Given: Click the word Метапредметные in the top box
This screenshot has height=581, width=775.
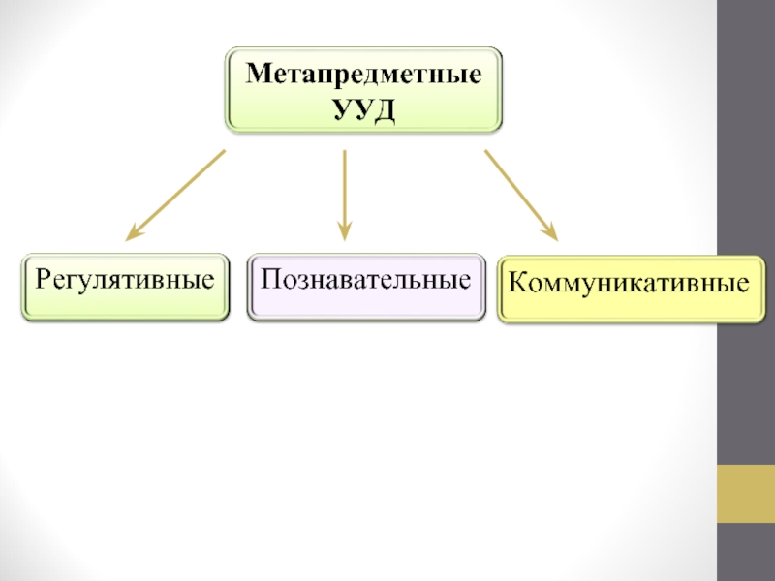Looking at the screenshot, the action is (364, 75).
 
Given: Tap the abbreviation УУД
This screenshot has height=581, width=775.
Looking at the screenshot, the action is (364, 108).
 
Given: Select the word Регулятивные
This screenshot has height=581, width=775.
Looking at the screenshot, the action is (125, 282).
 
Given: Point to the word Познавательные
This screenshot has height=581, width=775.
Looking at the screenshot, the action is (366, 282).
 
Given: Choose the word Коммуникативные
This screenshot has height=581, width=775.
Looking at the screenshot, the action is (630, 285).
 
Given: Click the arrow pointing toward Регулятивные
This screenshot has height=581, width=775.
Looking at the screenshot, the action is (176, 194).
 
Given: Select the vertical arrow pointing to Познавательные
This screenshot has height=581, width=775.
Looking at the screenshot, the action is (344, 194).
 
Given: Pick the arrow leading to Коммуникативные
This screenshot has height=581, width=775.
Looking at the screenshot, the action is (521, 194).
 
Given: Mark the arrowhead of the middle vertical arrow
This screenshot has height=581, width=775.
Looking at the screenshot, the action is (344, 232).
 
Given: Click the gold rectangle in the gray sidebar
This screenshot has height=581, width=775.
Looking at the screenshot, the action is (745, 494).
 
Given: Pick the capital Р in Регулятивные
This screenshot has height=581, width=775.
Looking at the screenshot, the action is (44, 282).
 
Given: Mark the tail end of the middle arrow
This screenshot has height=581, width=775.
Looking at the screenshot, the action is (344, 153).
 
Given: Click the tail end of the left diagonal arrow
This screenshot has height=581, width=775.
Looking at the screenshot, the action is (222, 152).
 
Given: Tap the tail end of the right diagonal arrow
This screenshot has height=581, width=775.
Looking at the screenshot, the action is (487, 152).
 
